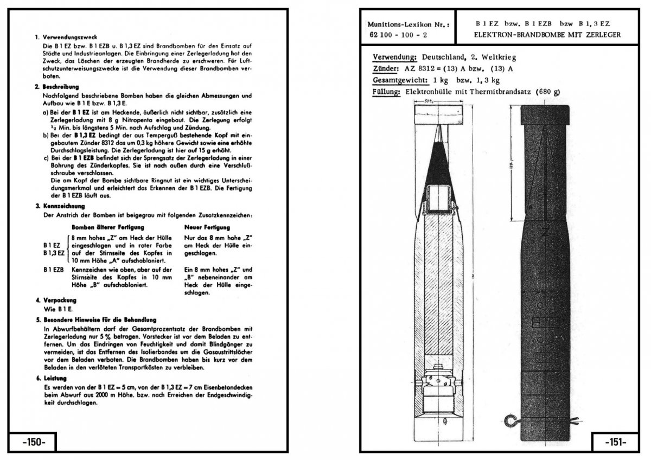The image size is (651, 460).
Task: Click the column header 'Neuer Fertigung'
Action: coord(207,227)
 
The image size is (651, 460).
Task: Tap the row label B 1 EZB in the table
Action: coord(54,270)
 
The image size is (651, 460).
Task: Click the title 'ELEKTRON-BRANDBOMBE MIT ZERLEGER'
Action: coord(547,35)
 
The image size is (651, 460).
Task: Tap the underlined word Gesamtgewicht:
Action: coord(400,81)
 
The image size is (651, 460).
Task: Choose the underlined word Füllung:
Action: coord(386,92)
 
